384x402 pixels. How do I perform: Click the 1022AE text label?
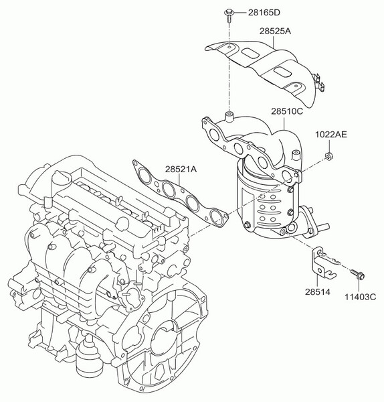tap(331, 135)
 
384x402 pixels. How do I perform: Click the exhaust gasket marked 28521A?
tap(177, 194)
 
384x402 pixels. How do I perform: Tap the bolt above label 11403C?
tap(356, 273)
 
